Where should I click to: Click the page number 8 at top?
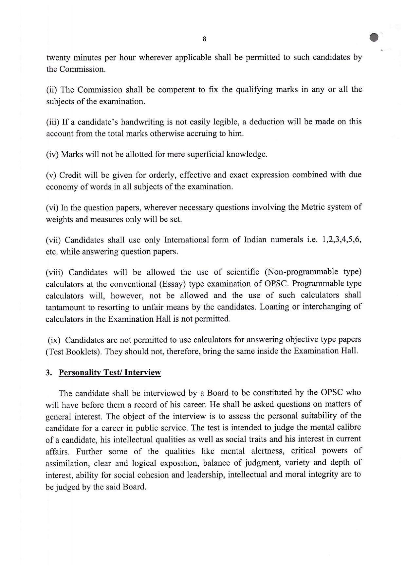point(204,39)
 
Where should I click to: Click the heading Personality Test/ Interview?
point(110,373)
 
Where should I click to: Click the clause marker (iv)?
point(52,154)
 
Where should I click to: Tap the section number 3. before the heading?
point(49,373)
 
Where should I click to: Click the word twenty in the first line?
point(58,58)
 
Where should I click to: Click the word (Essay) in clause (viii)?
point(175,284)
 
